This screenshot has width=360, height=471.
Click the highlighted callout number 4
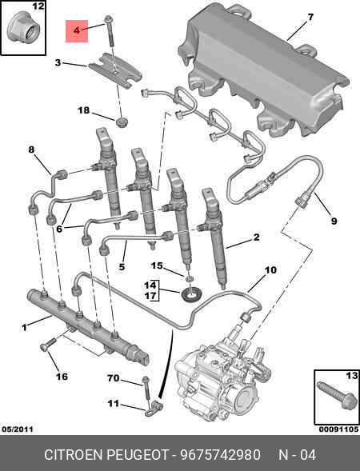pos(77,30)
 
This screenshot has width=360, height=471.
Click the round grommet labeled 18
pos(121,122)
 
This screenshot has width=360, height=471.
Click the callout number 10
pos(270,270)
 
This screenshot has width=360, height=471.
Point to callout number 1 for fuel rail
pos(24,326)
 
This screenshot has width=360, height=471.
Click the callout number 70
pos(114,377)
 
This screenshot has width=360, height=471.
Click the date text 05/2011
pos(17,429)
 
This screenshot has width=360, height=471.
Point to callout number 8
pos(31,150)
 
